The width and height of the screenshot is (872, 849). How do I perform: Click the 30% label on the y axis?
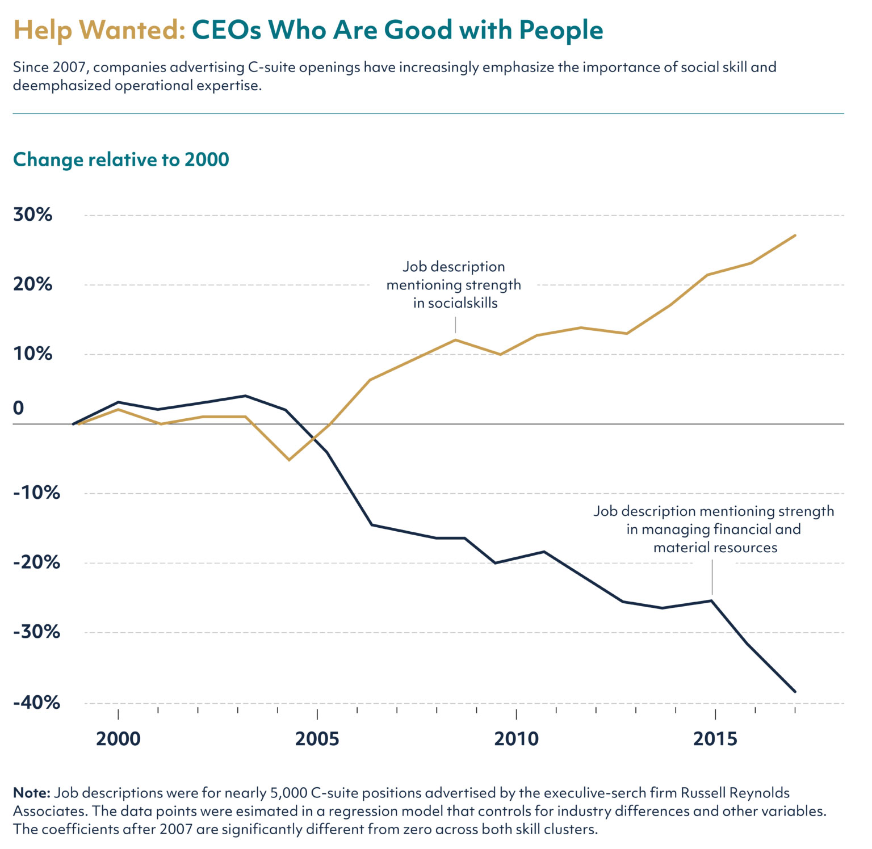32,215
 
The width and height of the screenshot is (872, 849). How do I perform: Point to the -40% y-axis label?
36,703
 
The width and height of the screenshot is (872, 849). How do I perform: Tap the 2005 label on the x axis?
317,739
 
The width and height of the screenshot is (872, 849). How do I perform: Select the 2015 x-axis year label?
715,739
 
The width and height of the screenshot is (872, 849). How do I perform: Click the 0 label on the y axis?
19,408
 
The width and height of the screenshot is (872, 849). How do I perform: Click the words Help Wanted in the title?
99,30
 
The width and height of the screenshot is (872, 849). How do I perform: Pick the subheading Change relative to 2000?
121,159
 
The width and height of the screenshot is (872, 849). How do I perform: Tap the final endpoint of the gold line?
795,235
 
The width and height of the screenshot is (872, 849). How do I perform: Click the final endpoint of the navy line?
795,691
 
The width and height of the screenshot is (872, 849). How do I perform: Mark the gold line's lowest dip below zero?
289,460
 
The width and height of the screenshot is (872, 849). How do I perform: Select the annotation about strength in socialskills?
454,285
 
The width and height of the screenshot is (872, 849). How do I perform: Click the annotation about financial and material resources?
714,529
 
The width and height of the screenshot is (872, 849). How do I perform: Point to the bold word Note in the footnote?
31,793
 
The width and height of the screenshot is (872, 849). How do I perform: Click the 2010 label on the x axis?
516,739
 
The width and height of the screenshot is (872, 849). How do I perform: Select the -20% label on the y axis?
36,563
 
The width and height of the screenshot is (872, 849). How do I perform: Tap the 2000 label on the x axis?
118,739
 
